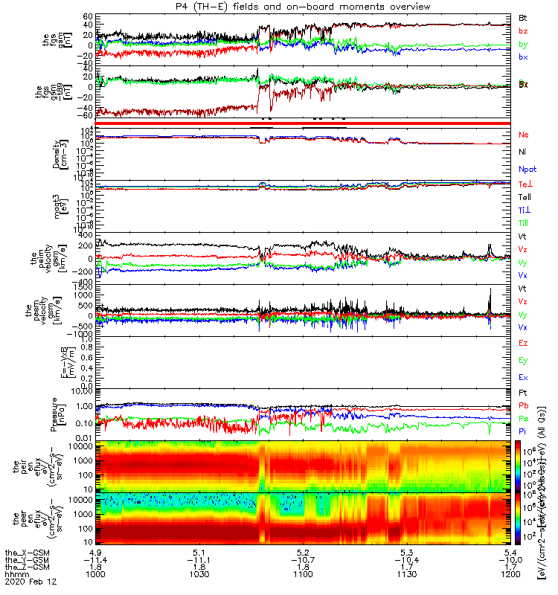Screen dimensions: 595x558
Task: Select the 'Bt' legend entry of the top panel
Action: pyautogui.click(x=523, y=16)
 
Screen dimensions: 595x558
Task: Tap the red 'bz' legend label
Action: pyautogui.click(x=523, y=30)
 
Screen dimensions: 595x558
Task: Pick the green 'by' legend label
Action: pyautogui.click(x=523, y=45)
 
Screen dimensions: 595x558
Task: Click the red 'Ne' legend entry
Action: pyautogui.click(x=524, y=135)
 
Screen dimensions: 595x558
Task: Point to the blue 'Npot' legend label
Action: pyautogui.click(x=526, y=169)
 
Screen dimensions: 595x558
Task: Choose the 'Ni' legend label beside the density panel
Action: pyautogui.click(x=523, y=152)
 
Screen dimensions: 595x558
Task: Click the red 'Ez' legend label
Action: pyautogui.click(x=523, y=343)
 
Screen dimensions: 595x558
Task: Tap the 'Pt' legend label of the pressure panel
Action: pyautogui.click(x=523, y=392)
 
